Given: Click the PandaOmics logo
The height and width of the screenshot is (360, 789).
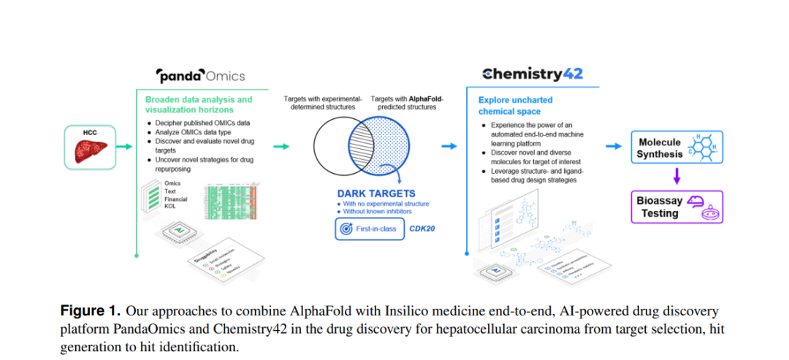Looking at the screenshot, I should [x=201, y=75].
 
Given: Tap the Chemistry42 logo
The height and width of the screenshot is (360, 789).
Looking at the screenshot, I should [x=533, y=74].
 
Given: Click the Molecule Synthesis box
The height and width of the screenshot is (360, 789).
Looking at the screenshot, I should [x=676, y=148].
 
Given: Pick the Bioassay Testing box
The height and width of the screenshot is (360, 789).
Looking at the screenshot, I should [x=676, y=207].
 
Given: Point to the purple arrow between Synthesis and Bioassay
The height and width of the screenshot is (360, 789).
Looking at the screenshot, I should [x=676, y=176].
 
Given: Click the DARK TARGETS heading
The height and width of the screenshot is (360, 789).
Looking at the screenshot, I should [x=376, y=194].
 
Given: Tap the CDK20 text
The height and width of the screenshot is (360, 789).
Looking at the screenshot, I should [x=422, y=229].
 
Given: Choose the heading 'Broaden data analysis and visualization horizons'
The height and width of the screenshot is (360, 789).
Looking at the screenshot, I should [x=198, y=104].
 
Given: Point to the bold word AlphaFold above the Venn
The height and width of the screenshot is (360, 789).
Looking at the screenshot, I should [x=426, y=98].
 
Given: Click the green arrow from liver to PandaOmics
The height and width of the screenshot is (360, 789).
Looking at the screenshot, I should [x=124, y=147].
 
